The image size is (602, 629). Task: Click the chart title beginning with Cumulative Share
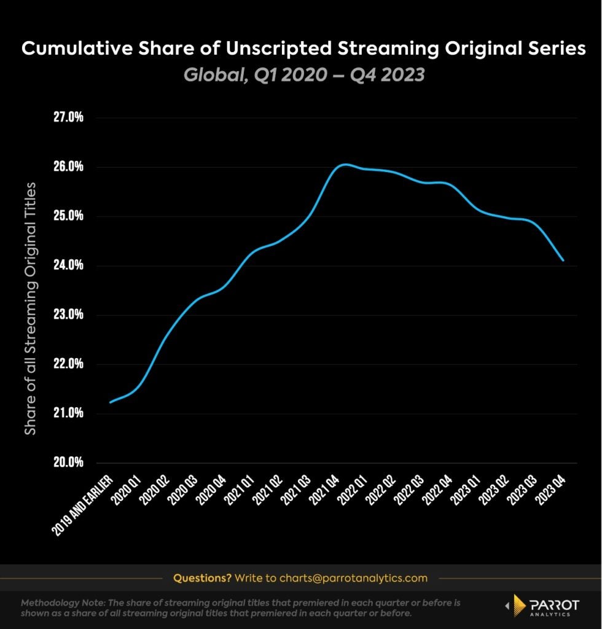tap(303, 50)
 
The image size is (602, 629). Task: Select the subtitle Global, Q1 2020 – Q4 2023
tap(303, 75)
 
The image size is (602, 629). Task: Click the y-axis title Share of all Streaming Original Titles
tap(31, 308)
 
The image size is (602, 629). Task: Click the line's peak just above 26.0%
tap(345, 165)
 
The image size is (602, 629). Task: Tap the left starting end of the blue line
tap(111, 402)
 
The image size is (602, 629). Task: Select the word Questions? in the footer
tap(202, 578)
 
